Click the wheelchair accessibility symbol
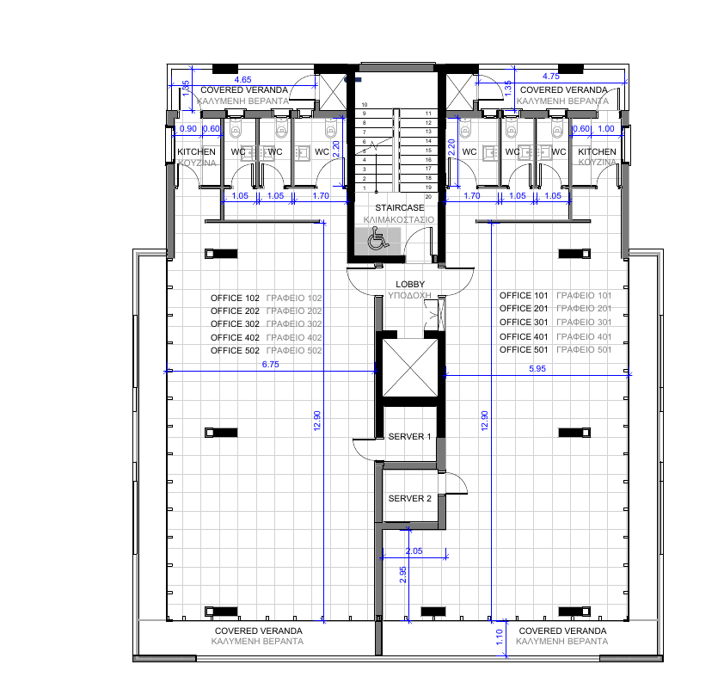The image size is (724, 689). click(376, 243)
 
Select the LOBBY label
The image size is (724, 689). click(410, 284)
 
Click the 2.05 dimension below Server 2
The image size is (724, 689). click(414, 551)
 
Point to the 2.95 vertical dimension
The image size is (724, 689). click(403, 575)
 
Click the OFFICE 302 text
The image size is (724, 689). click(235, 324)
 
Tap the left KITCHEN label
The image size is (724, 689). click(196, 152)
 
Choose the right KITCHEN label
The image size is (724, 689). click(597, 152)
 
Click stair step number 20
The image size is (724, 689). click(427, 196)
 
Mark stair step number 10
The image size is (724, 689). click(364, 104)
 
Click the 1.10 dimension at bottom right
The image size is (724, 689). click(501, 637)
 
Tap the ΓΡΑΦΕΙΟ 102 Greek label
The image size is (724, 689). click(294, 298)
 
